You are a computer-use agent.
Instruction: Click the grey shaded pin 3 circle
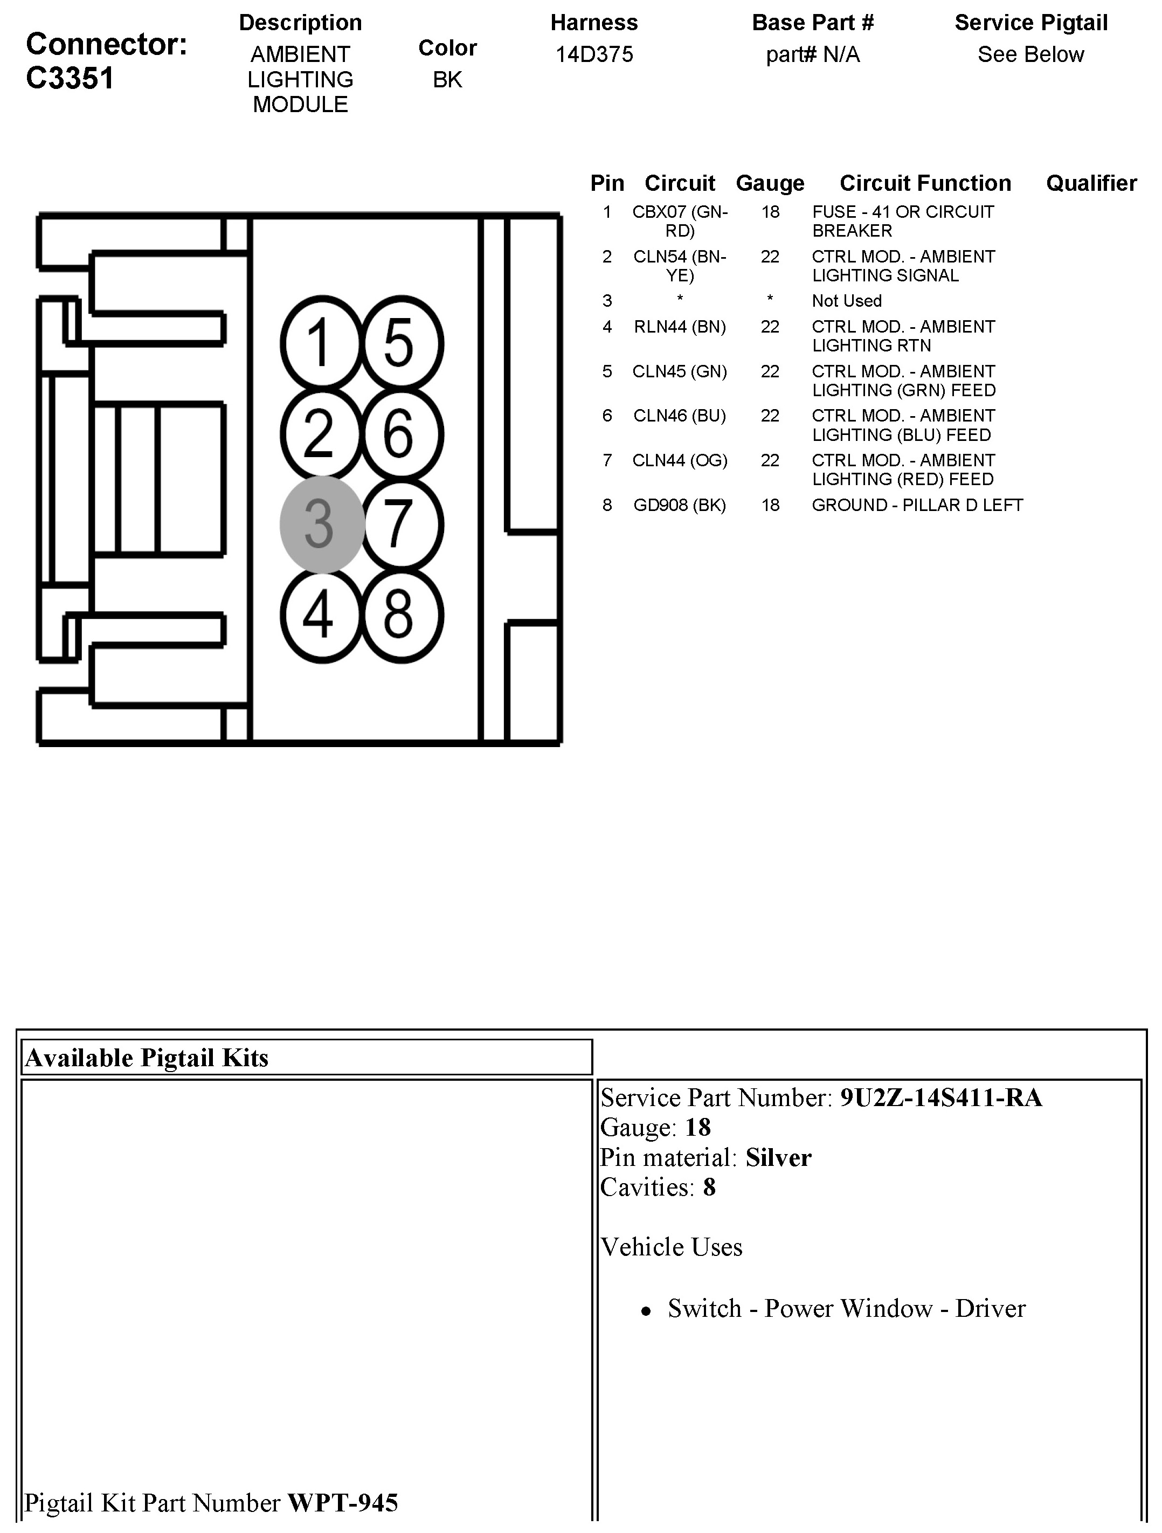pyautogui.click(x=322, y=524)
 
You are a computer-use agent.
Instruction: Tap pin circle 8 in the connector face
pyautogui.click(x=401, y=616)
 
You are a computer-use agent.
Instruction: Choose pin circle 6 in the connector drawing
pyautogui.click(x=401, y=434)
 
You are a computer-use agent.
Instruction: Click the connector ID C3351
pyautogui.click(x=70, y=78)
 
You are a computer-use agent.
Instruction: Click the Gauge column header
pyautogui.click(x=770, y=183)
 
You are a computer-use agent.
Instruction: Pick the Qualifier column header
pyautogui.click(x=1091, y=183)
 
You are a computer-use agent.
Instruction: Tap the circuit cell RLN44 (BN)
pyautogui.click(x=680, y=327)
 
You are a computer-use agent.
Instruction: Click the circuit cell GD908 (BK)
pyautogui.click(x=679, y=505)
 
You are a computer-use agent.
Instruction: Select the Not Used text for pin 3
pyautogui.click(x=847, y=301)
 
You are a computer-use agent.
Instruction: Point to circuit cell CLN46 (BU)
pyautogui.click(x=679, y=416)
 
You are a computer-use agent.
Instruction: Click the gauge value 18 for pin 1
pyautogui.click(x=770, y=212)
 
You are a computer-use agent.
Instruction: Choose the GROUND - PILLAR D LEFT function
pyautogui.click(x=917, y=505)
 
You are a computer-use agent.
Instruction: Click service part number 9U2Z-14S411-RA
pyautogui.click(x=940, y=1098)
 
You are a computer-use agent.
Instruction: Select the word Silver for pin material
pyautogui.click(x=778, y=1157)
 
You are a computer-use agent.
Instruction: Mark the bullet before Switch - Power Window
pyautogui.click(x=646, y=1310)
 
